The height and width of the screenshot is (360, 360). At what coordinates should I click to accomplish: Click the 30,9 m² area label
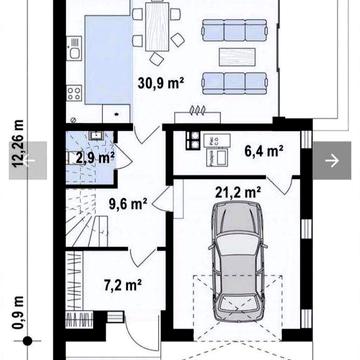coord(161,83)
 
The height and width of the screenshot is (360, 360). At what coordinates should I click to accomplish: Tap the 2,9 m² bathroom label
coord(95,158)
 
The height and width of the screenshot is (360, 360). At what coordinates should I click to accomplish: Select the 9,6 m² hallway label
coord(128,204)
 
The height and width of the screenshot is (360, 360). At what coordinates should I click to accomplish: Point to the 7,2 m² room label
coord(123,286)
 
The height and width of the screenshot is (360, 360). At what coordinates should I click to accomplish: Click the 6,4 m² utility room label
coord(264,152)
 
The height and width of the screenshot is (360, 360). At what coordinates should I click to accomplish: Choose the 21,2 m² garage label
coord(238,192)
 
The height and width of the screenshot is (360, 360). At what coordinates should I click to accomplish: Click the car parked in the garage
coord(238,261)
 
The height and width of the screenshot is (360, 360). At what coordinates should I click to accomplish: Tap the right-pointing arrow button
coord(332,161)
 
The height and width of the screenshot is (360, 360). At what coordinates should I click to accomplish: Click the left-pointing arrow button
coord(28,161)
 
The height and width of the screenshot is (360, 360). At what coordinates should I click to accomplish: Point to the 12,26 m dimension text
coord(18,143)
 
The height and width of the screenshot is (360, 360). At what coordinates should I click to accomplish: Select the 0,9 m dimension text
coord(18,312)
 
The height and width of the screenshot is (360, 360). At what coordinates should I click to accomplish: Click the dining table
coord(157,26)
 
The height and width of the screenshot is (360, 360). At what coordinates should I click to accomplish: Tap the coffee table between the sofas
coord(237,57)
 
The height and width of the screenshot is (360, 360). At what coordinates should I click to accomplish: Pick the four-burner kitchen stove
coord(74,93)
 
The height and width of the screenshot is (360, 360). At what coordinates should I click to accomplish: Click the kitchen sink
coord(75,49)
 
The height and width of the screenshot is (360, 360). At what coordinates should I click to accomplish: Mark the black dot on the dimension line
coord(27,341)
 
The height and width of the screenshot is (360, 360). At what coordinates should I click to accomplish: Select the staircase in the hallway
coord(87,217)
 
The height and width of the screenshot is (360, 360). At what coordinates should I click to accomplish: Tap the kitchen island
coord(109,60)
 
